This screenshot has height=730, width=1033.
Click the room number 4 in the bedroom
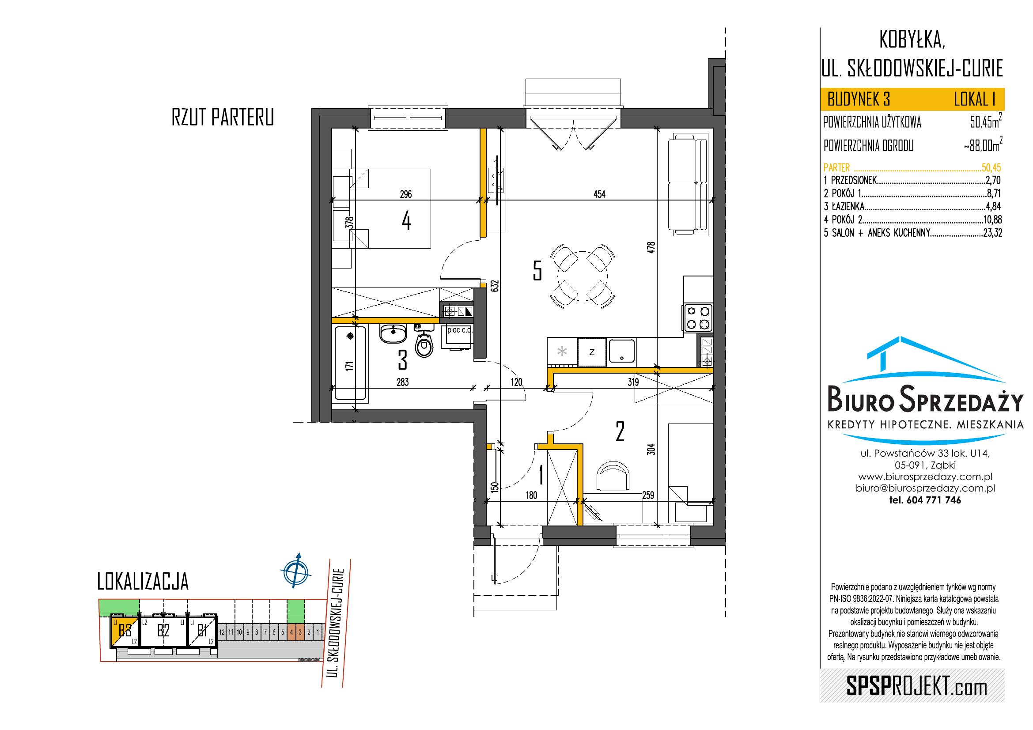pyautogui.click(x=406, y=221)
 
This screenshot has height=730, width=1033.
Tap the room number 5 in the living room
pyautogui.click(x=537, y=271)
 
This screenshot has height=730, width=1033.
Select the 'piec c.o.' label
pyautogui.click(x=460, y=330)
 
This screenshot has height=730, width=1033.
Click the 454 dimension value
pyautogui.click(x=600, y=194)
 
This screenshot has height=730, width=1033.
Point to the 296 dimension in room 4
pyautogui.click(x=406, y=194)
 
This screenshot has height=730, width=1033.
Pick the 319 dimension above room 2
pyautogui.click(x=633, y=382)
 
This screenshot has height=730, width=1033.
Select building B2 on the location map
pyautogui.click(x=163, y=631)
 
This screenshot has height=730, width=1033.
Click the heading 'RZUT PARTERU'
pyautogui.click(x=223, y=118)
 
